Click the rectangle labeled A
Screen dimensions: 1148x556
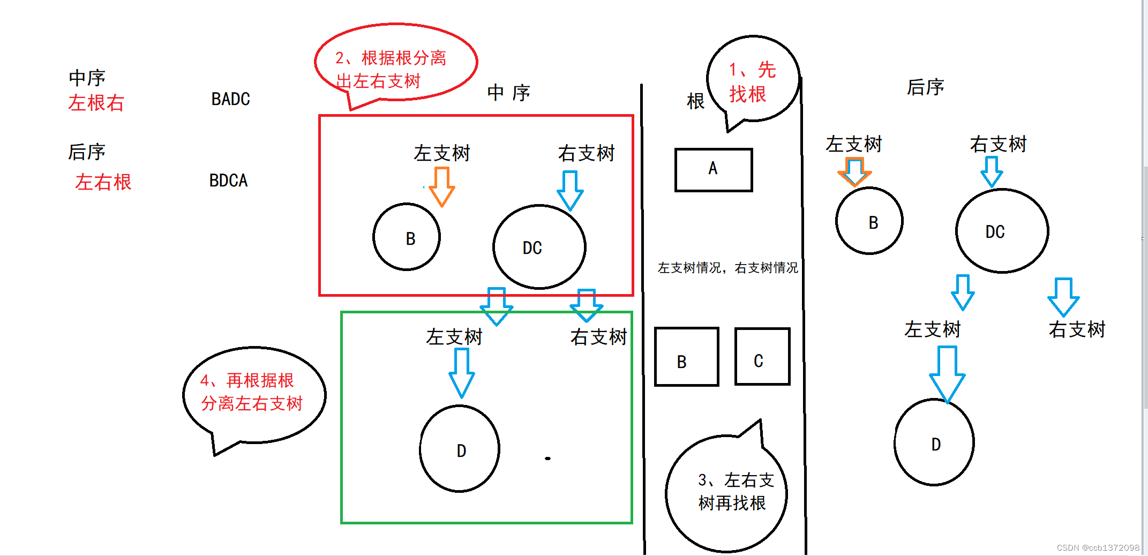714,170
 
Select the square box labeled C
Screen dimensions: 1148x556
762,357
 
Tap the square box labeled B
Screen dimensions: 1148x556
686,357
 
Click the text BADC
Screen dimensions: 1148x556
230,99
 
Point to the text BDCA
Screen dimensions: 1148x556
228,181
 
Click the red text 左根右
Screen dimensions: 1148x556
96,103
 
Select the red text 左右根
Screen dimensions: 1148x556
103,182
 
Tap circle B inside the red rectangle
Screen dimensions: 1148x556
407,237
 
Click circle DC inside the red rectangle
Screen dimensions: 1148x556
539,247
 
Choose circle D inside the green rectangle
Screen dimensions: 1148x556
460,448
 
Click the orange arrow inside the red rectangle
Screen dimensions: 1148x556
442,186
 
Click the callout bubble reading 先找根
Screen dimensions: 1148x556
753,80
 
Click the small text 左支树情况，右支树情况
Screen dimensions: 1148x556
727,268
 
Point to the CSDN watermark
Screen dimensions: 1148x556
1098,547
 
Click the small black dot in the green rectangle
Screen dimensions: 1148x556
547,459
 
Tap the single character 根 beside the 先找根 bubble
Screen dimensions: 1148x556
695,101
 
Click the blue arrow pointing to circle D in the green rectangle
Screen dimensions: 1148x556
461,372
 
